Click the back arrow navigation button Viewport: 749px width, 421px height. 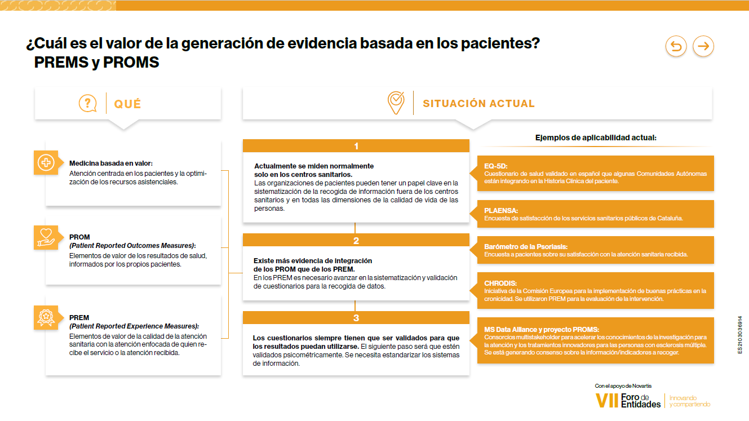click(x=676, y=46)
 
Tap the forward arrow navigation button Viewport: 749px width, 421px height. click(x=703, y=46)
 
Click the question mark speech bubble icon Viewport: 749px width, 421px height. click(x=87, y=103)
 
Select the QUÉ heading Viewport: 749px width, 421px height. click(x=128, y=104)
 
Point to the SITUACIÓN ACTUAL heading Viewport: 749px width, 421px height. click(x=478, y=104)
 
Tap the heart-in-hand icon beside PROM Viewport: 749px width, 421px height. click(x=46, y=237)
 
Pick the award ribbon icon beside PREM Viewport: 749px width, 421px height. click(x=46, y=317)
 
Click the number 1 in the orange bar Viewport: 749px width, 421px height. click(x=356, y=147)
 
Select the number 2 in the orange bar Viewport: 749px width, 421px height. click(x=356, y=241)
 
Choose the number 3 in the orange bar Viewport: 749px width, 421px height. click(x=356, y=318)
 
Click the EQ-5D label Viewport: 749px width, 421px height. click(x=496, y=166)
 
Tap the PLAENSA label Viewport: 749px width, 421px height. click(x=500, y=210)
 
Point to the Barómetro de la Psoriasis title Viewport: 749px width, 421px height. click(x=526, y=247)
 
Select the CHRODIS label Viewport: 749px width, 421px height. click(x=500, y=283)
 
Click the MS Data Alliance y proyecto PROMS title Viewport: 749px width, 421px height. click(x=542, y=329)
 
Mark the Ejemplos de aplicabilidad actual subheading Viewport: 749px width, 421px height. click(x=596, y=138)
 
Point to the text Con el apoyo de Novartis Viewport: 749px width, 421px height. click(x=623, y=385)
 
